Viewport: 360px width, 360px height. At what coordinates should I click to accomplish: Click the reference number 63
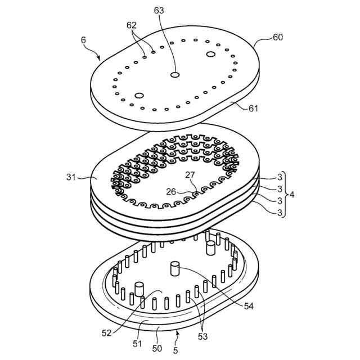159,10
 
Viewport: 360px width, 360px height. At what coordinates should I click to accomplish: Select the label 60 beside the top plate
278,37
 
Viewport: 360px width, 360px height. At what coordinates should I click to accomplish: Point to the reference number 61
253,108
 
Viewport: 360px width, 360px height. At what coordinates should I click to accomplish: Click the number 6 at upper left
84,40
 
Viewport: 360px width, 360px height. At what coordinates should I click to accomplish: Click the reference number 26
172,191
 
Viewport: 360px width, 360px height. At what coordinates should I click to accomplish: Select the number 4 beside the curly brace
291,195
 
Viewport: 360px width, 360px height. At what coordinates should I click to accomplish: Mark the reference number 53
201,336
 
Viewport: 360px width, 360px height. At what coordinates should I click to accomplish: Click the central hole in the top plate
175,74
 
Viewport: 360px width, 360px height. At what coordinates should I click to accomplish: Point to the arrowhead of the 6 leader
100,58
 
